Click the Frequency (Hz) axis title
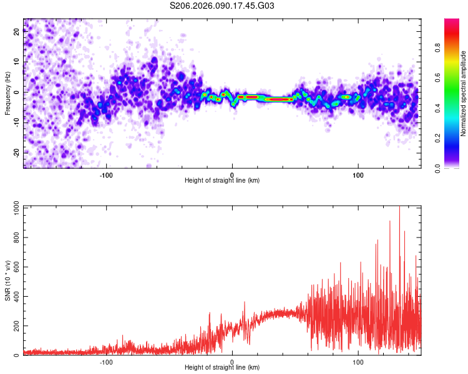[x=7, y=93]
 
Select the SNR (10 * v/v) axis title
[x=7, y=280]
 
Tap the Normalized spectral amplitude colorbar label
[x=463, y=93]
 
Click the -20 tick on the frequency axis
[x=16, y=152]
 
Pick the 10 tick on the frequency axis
[x=16, y=62]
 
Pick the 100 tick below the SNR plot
[x=358, y=361]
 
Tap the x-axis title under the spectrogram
[x=222, y=181]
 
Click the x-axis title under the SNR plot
[x=222, y=368]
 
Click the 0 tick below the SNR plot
[x=232, y=361]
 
